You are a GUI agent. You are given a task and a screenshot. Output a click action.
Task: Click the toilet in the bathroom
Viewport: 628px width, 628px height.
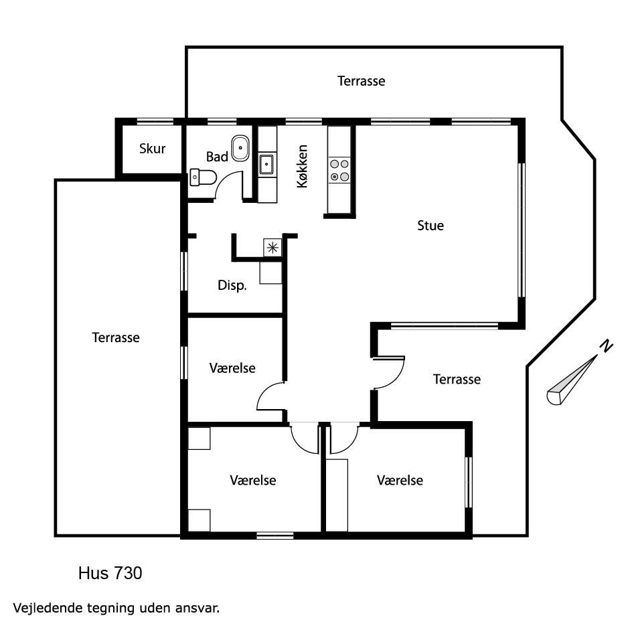pyautogui.click(x=203, y=177)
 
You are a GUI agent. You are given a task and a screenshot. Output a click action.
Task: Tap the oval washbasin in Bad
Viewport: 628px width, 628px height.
pyautogui.click(x=240, y=148)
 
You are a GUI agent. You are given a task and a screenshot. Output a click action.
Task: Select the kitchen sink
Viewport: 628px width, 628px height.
pyautogui.click(x=266, y=164)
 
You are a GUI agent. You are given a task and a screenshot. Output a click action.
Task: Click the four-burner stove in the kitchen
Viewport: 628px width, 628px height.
pyautogui.click(x=339, y=170)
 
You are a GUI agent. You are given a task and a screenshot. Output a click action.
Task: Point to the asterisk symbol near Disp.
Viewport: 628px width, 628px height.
pyautogui.click(x=272, y=248)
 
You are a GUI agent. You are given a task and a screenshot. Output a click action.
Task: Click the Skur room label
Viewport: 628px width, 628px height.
pyautogui.click(x=152, y=149)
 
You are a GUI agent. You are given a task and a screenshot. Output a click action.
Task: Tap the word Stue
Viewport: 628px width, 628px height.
pyautogui.click(x=430, y=226)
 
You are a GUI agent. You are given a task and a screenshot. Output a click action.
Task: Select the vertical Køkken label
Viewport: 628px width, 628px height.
pyautogui.click(x=303, y=166)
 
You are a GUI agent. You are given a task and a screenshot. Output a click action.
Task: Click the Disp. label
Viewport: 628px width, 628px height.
pyautogui.click(x=232, y=285)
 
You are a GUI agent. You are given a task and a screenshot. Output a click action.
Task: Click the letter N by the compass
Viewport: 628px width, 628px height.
pyautogui.click(x=607, y=346)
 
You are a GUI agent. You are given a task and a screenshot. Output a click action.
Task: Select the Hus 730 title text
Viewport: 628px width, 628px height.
pyautogui.click(x=110, y=573)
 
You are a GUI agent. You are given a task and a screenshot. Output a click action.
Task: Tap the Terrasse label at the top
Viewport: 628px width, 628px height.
pyautogui.click(x=362, y=81)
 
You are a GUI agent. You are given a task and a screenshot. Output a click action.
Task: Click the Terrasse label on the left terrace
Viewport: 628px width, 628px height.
pyautogui.click(x=116, y=337)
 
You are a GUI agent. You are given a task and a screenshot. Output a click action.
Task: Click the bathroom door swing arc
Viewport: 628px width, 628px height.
pyautogui.click(x=225, y=181)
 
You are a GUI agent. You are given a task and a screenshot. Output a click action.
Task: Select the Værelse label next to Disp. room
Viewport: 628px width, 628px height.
pyautogui.click(x=232, y=368)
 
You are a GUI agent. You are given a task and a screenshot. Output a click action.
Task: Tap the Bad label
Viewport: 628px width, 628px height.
pyautogui.click(x=217, y=157)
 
